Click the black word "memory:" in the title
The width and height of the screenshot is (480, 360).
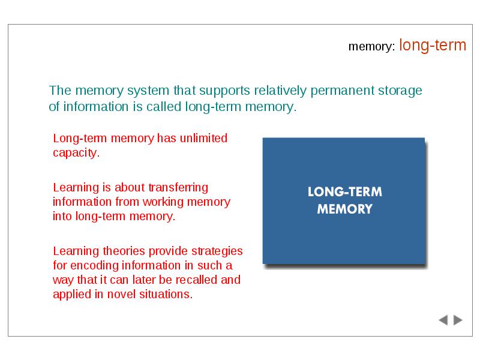pyautogui.click(x=371, y=47)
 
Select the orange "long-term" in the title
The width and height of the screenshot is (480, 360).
pyautogui.click(x=433, y=46)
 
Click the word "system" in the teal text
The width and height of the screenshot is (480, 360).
pyautogui.click(x=148, y=91)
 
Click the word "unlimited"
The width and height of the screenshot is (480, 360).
pyautogui.click(x=203, y=138)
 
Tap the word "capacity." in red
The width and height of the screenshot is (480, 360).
pyautogui.click(x=76, y=153)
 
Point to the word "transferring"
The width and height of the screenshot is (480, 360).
pyautogui.click(x=178, y=187)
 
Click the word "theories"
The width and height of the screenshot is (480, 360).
pyautogui.click(x=124, y=251)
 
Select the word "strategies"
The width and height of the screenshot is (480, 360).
pyautogui.click(x=217, y=251)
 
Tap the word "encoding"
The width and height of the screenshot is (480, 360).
pyautogui.click(x=95, y=266)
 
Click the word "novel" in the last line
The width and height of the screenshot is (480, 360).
pyautogui.click(x=121, y=294)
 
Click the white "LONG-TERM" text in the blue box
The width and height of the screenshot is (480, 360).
pyautogui.click(x=344, y=192)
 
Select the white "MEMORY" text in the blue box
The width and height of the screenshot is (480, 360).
pyautogui.click(x=344, y=209)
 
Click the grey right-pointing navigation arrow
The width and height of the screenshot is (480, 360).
pyautogui.click(x=458, y=320)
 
